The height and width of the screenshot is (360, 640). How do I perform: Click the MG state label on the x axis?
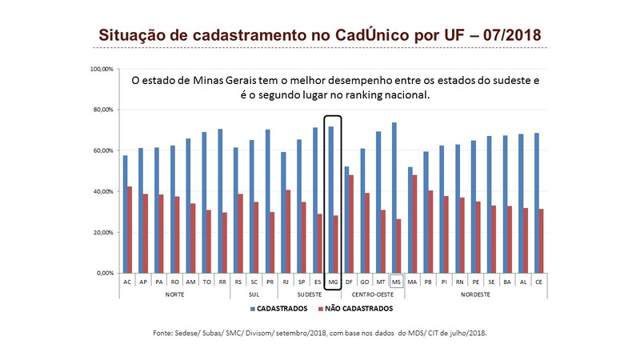click(333, 282)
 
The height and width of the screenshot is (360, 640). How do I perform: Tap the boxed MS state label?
click(396, 282)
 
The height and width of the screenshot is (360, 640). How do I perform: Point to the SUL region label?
click(253, 294)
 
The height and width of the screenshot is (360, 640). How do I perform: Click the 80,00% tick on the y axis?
click(102, 110)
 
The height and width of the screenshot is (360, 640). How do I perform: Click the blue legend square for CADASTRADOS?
click(254, 308)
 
